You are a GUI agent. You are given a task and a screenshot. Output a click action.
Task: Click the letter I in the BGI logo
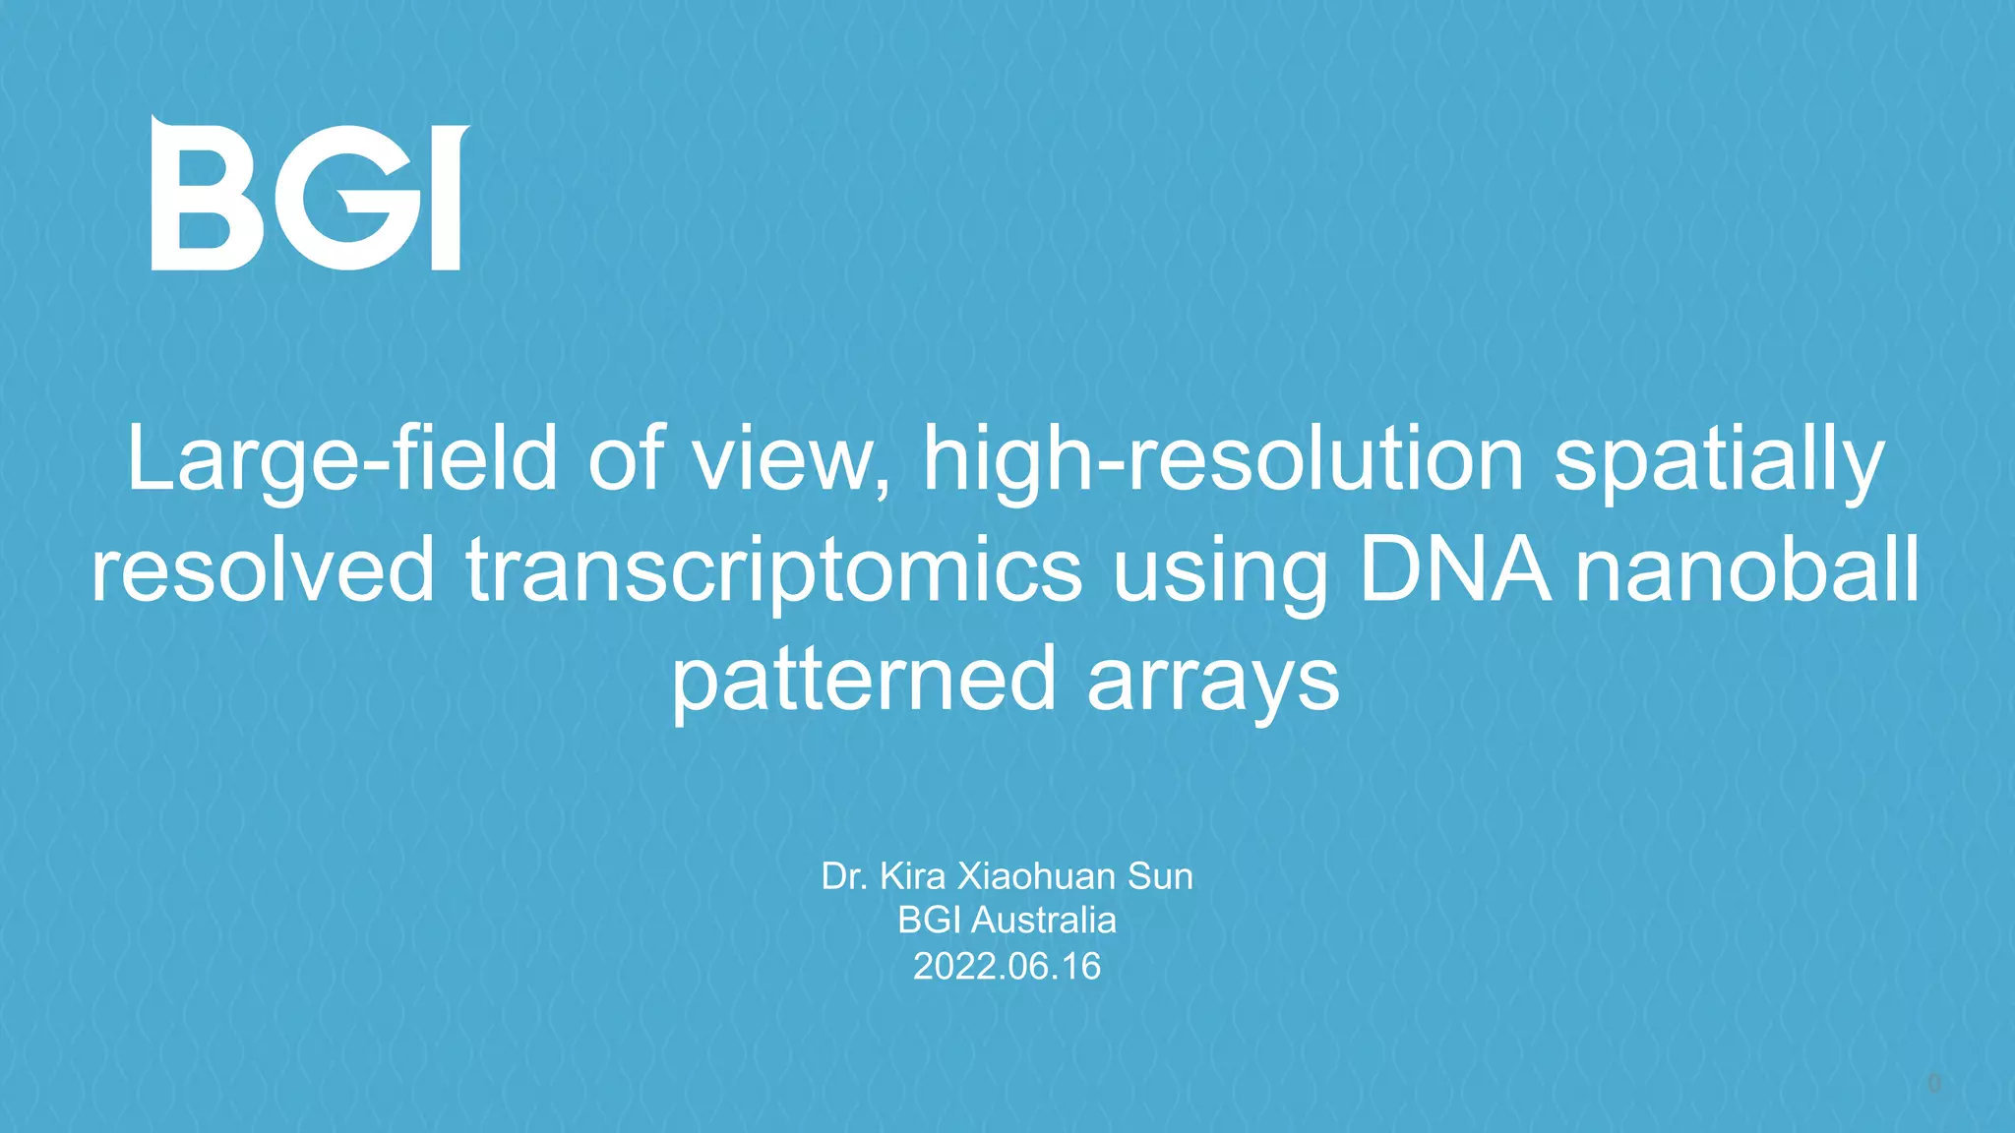click(447, 197)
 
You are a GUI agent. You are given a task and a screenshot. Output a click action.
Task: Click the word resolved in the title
click(263, 570)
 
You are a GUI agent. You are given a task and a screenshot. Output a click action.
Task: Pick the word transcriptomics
click(774, 570)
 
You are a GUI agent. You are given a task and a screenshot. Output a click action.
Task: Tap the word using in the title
click(1221, 570)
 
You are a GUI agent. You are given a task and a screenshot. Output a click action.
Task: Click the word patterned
click(864, 681)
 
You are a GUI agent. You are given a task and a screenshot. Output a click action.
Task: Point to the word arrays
click(1213, 681)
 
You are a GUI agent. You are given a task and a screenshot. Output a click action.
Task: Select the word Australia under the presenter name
click(1044, 921)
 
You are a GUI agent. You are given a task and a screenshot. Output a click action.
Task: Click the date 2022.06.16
click(1007, 966)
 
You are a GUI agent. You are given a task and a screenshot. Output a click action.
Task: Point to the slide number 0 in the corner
click(1933, 1084)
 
